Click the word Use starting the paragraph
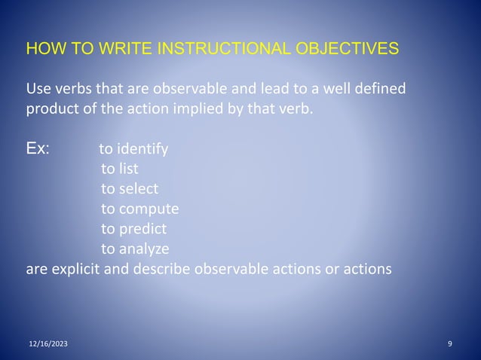click(x=40, y=90)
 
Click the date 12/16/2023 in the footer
click(x=47, y=344)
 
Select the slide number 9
click(x=449, y=344)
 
